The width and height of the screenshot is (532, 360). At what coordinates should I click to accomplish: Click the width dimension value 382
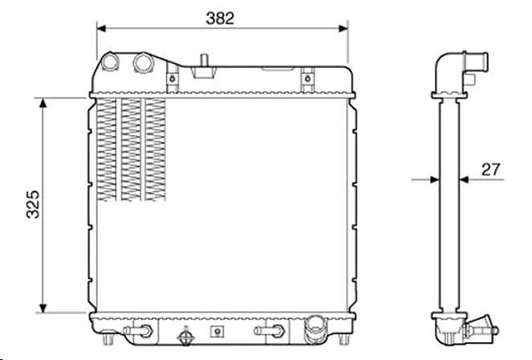221,17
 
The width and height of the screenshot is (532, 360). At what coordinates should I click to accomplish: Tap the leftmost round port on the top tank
110,63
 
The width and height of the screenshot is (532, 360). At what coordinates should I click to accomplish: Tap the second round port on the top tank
143,63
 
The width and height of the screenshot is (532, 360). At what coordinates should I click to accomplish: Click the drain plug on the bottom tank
186,340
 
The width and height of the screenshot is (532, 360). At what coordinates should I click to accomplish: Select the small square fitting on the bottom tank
213,333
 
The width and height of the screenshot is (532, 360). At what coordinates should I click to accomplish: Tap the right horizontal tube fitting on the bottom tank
267,332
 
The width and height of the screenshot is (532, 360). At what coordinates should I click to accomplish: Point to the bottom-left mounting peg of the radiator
107,341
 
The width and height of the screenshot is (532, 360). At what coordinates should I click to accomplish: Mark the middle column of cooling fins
131,147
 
